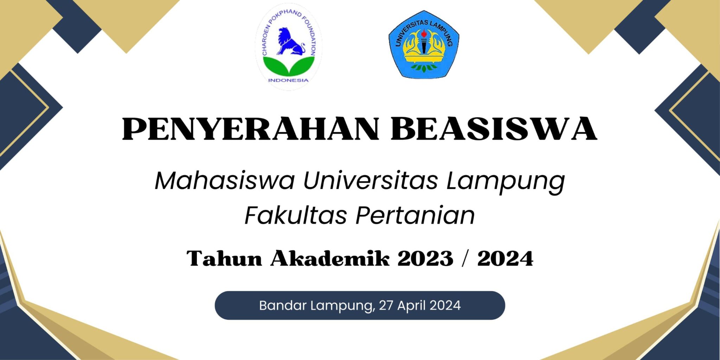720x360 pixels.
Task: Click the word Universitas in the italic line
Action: (x=371, y=181)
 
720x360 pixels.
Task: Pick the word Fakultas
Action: (x=296, y=215)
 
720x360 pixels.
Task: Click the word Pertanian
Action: (x=415, y=215)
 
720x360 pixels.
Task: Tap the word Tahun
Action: (x=224, y=258)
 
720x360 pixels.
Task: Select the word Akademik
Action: (x=330, y=258)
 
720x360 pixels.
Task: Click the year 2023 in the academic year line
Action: (x=425, y=258)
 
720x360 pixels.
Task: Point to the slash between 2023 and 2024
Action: (x=465, y=259)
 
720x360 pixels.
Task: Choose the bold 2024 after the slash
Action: (x=505, y=258)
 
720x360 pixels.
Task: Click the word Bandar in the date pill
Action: (x=283, y=305)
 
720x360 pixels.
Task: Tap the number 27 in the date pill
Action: (x=386, y=305)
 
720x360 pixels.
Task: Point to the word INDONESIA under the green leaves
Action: (x=288, y=80)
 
